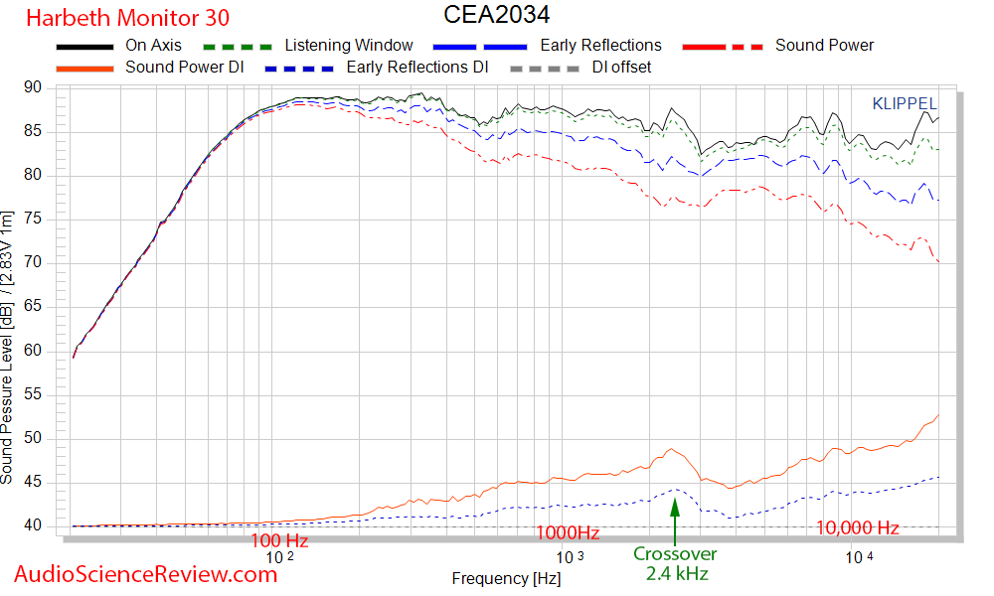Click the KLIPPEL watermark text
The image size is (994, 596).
pyautogui.click(x=904, y=103)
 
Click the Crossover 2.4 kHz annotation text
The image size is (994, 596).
pyautogui.click(x=675, y=563)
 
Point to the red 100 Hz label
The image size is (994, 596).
pyautogui.click(x=279, y=540)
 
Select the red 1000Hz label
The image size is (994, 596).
pyautogui.click(x=568, y=533)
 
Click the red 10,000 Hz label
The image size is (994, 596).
pyautogui.click(x=857, y=528)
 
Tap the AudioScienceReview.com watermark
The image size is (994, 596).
pyautogui.click(x=146, y=573)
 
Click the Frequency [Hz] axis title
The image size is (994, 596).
pyautogui.click(x=505, y=578)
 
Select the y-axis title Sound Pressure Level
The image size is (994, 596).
pyautogui.click(x=8, y=348)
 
